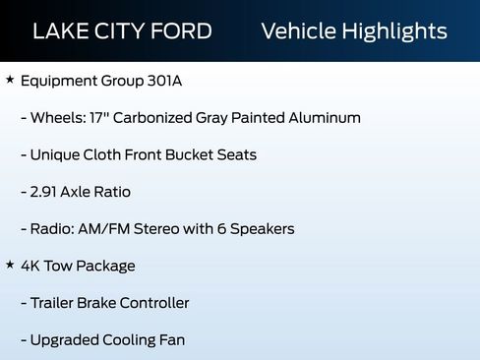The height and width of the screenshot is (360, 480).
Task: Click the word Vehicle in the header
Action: (x=296, y=30)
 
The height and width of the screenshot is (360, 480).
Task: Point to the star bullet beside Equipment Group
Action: (x=10, y=80)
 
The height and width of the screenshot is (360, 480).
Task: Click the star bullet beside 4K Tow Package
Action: (x=10, y=266)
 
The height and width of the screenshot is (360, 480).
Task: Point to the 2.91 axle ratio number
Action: (x=47, y=192)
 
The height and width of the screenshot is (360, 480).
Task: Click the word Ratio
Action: (x=111, y=192)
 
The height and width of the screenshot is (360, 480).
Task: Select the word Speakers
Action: (x=261, y=229)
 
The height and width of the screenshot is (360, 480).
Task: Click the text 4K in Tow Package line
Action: (x=31, y=266)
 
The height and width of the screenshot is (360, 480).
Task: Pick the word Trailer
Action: (x=56, y=303)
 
